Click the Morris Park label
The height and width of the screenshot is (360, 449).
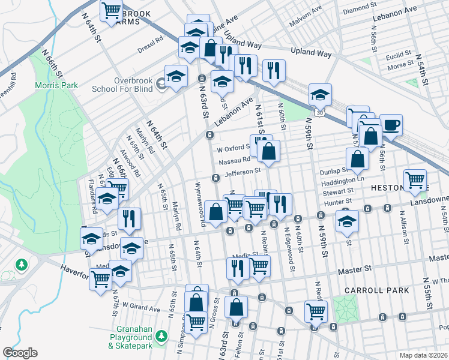(x=57, y=85)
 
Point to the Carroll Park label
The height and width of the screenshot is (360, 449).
(x=377, y=290)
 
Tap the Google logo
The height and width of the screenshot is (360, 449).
(x=20, y=353)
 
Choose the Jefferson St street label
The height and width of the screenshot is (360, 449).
(x=244, y=171)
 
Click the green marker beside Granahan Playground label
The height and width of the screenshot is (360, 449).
(x=160, y=335)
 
